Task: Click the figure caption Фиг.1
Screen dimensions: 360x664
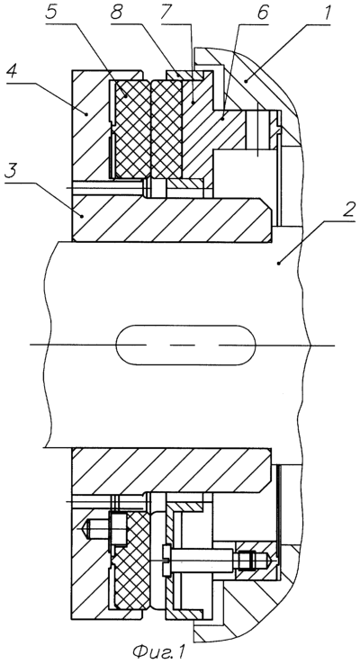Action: [158, 651]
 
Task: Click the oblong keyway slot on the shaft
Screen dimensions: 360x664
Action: [186, 345]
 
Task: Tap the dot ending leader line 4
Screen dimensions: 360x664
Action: [87, 113]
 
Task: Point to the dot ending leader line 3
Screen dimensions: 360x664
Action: [82, 216]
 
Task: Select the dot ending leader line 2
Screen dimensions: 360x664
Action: [278, 264]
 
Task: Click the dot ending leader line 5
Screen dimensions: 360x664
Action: [125, 95]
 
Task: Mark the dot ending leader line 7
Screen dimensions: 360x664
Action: [193, 102]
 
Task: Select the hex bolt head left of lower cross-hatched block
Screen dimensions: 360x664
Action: [117, 528]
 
